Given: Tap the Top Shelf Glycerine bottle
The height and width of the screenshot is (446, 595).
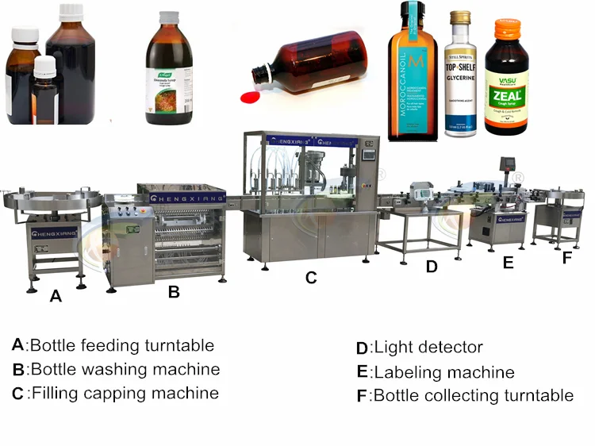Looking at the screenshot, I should (461, 79).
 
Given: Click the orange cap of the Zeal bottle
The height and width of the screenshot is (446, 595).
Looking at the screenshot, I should (507, 30).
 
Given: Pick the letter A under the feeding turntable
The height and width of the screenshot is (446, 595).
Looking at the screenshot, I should (55, 296).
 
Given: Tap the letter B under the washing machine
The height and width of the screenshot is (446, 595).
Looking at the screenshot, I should (174, 291).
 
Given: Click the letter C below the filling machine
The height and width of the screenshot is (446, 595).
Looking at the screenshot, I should (311, 278).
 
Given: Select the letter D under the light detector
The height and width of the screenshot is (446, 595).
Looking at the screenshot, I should (432, 267).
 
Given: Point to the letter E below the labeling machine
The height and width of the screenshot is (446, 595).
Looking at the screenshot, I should (508, 263).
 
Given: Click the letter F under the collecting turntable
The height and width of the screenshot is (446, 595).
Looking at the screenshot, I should (566, 258).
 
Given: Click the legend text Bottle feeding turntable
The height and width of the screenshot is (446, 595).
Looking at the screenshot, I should (121, 345).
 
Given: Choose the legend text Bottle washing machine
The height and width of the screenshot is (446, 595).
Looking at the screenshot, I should (125, 369).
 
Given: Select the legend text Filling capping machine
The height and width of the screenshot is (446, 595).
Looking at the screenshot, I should (124, 393).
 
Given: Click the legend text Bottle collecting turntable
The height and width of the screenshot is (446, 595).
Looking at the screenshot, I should (473, 395).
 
